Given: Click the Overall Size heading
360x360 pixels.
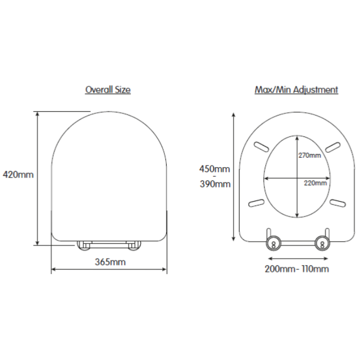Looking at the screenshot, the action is coord(108,89).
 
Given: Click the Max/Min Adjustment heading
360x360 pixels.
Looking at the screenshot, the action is coord(296,89).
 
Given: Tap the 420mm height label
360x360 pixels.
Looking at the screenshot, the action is coord(18,175).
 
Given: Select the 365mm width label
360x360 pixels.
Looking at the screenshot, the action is coord(111,262).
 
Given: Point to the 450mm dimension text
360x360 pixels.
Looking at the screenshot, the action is coord(214,169).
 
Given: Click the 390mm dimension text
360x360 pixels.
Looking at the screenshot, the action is coord(215,184).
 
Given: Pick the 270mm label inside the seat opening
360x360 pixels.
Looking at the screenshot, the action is coord(310,156).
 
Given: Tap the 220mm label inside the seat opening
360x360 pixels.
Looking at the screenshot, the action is coord(315,183).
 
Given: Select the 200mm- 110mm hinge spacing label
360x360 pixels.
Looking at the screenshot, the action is coord(296,269).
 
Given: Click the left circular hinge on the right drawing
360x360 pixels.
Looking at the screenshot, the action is coord(273,243).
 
